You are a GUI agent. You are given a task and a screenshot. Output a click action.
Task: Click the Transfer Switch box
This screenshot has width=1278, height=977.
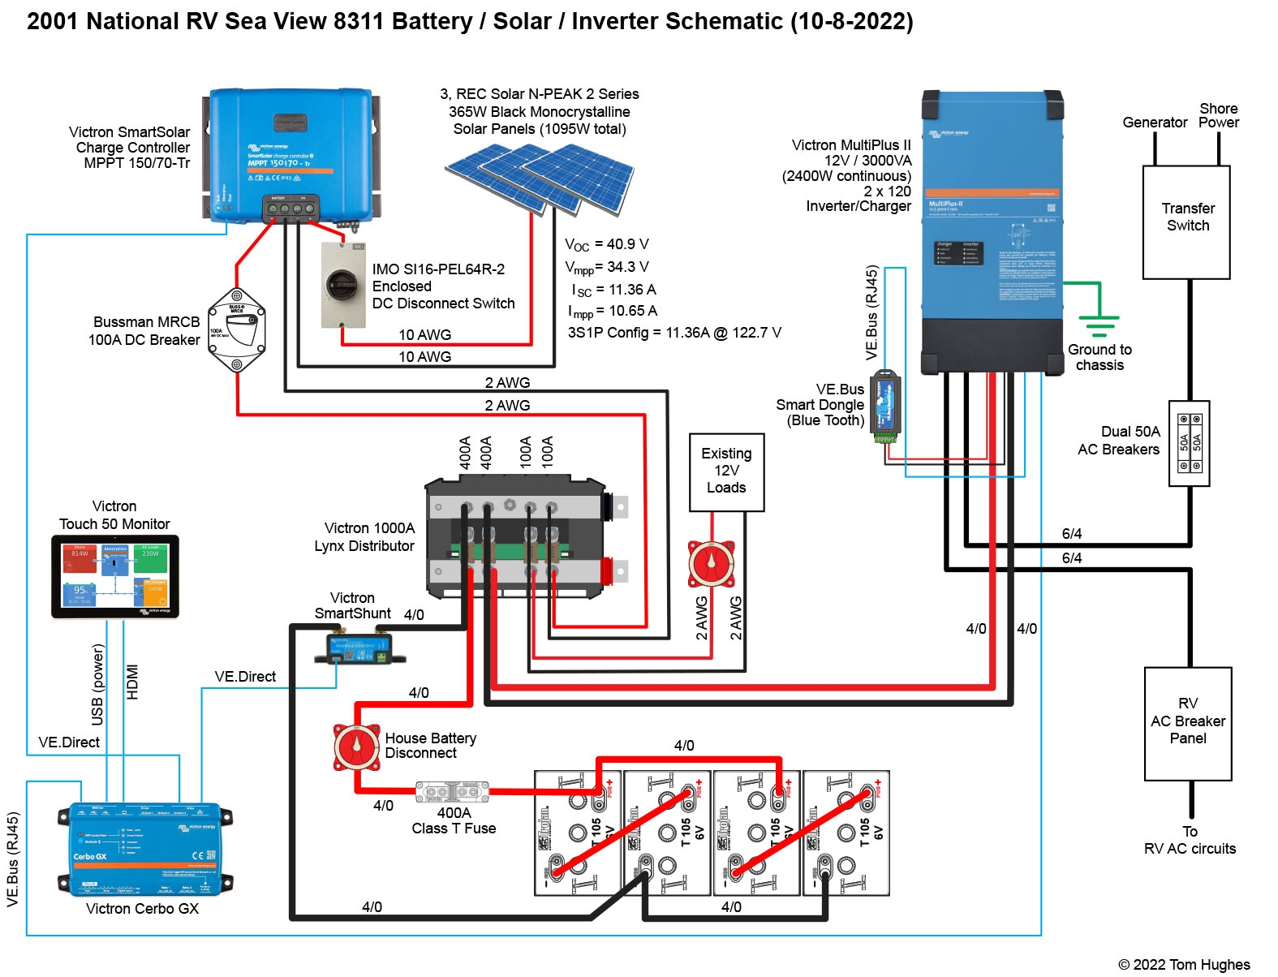click(x=1186, y=222)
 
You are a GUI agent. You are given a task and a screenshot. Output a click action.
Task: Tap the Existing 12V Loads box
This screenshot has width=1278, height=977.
click(x=726, y=471)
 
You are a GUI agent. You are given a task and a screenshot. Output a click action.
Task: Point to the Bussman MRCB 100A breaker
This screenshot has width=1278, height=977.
click(x=236, y=330)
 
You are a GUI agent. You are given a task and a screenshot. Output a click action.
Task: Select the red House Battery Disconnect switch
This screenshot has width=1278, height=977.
click(x=356, y=747)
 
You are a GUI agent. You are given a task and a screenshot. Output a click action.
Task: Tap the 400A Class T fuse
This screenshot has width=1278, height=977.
click(x=452, y=792)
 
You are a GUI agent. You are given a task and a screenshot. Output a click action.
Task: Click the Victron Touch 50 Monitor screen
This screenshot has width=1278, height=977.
click(x=114, y=576)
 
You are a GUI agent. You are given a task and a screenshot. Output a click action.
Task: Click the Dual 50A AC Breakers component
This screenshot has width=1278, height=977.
click(x=1189, y=443)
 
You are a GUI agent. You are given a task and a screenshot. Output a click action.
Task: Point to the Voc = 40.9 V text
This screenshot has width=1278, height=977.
click(x=606, y=244)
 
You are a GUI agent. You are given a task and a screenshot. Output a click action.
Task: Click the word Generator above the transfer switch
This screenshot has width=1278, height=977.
click(x=1154, y=123)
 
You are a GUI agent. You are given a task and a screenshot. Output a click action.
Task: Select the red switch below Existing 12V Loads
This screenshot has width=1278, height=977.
click(x=712, y=563)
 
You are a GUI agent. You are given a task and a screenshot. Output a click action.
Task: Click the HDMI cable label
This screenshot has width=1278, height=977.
click(x=133, y=682)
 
